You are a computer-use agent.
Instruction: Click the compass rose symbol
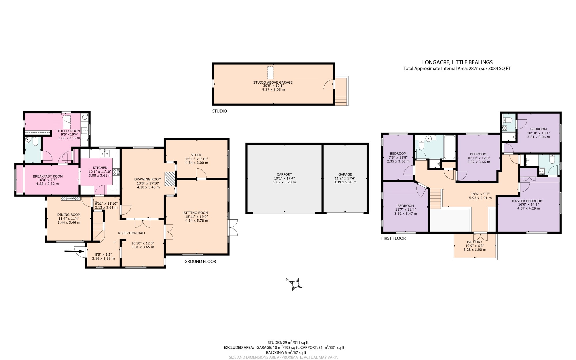click(295, 284)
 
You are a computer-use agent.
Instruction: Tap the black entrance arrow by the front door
click(74, 251)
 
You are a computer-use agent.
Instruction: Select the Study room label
click(196, 155)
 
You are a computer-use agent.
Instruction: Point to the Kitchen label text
click(100, 168)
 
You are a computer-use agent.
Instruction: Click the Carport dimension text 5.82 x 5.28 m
click(284, 182)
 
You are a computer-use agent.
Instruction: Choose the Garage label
click(345, 174)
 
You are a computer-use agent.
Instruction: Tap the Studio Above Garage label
click(273, 82)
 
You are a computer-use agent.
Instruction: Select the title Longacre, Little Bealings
click(457, 62)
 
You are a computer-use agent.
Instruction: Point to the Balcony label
click(474, 242)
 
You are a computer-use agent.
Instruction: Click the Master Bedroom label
click(527, 201)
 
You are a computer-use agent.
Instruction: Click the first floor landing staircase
click(435, 199)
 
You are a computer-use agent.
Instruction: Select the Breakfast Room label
click(48, 176)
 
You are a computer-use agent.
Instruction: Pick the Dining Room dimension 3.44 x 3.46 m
click(69, 223)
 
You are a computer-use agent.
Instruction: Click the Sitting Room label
click(196, 213)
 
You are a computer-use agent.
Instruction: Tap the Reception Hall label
click(132, 233)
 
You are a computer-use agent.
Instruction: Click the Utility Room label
click(68, 131)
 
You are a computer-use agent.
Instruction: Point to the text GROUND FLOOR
click(200, 261)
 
